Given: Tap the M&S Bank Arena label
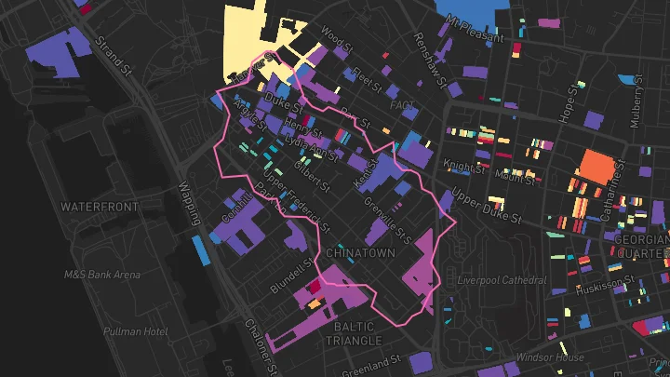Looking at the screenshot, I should pos(102,275).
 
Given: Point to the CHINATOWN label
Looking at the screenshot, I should pos(362,252).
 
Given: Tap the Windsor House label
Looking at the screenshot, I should pos(550,357).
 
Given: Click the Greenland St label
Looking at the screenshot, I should pos(370,363).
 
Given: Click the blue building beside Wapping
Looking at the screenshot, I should pos(200,249).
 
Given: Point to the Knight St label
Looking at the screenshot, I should pos(464,168).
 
